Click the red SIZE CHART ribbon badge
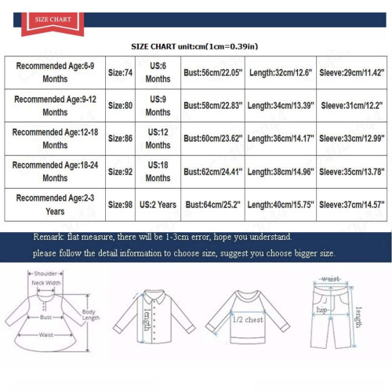pyautogui.click(x=53, y=24)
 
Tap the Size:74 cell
pyautogui.click(x=120, y=73)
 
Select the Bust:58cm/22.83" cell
pyautogui.click(x=212, y=106)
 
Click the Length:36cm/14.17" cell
pyautogui.click(x=281, y=139)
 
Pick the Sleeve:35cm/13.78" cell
pyautogui.click(x=352, y=172)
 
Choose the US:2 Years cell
pyautogui.click(x=158, y=205)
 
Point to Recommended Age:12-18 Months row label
pyautogui.click(x=55, y=139)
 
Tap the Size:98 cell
pyautogui.click(x=120, y=205)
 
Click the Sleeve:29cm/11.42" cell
pyautogui.click(x=352, y=73)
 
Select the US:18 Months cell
pyautogui.click(x=158, y=172)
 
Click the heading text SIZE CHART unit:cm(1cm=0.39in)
pyautogui.click(x=194, y=46)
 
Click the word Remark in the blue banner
pyautogui.click(x=48, y=237)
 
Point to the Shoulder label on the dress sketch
pyautogui.click(x=45, y=274)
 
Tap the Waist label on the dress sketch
pyautogui.click(x=46, y=335)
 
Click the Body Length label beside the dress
pyautogui.click(x=91, y=314)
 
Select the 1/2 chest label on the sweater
pyautogui.click(x=248, y=319)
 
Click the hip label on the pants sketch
pyautogui.click(x=321, y=310)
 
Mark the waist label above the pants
pyautogui.click(x=331, y=278)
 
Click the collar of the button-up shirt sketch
pyautogui.click(x=154, y=296)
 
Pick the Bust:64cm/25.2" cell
pyautogui.click(x=212, y=205)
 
